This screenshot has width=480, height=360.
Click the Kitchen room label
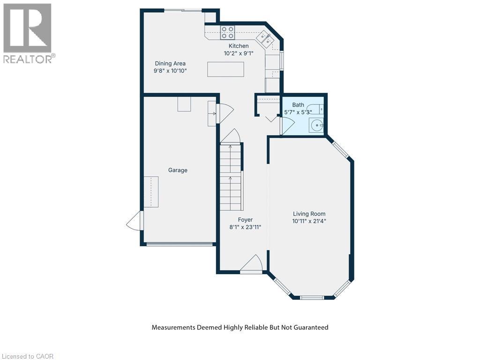click(x=239, y=46)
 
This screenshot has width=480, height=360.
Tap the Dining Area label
click(x=170, y=63)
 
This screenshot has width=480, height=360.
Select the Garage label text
click(x=178, y=170)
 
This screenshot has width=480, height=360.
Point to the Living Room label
click(x=308, y=214)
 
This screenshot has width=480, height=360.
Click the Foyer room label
click(x=245, y=219)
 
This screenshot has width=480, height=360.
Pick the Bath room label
click(x=298, y=105)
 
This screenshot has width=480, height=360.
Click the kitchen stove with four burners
click(x=228, y=32)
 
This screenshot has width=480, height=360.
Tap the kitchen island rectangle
click(x=225, y=69)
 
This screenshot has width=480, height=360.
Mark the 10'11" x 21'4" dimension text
click(x=308, y=221)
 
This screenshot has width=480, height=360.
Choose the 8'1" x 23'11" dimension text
click(x=245, y=227)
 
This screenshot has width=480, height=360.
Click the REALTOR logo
click(x=28, y=33)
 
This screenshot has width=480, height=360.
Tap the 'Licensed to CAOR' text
click(x=27, y=356)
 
